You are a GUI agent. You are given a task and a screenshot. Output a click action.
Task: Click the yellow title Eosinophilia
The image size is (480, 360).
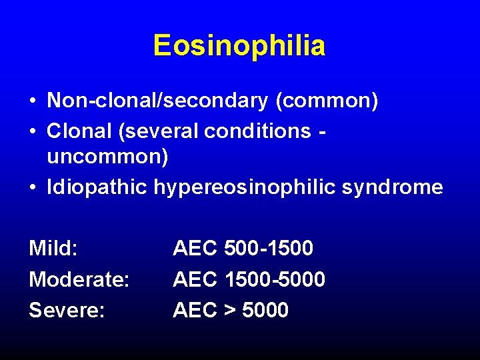pyautogui.click(x=239, y=46)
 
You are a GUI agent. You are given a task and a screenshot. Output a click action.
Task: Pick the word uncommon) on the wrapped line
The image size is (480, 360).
pyautogui.click(x=107, y=158)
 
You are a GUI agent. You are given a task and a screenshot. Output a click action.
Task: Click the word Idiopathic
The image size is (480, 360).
pyautogui.click(x=97, y=187)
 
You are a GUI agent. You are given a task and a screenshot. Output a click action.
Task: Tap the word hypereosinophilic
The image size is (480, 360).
pyautogui.click(x=246, y=187)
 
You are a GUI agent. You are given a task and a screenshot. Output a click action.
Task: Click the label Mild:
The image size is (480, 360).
pyautogui.click(x=53, y=249)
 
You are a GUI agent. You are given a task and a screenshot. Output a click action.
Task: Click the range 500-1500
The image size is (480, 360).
pyautogui.click(x=269, y=249)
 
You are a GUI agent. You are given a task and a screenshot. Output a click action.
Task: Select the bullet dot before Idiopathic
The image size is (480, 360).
pyautogui.click(x=33, y=188)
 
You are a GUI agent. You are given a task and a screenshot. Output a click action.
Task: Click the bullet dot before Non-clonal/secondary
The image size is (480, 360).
pyautogui.click(x=33, y=101)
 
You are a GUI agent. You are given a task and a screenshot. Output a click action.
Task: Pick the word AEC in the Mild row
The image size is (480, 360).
pyautogui.click(x=195, y=249)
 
